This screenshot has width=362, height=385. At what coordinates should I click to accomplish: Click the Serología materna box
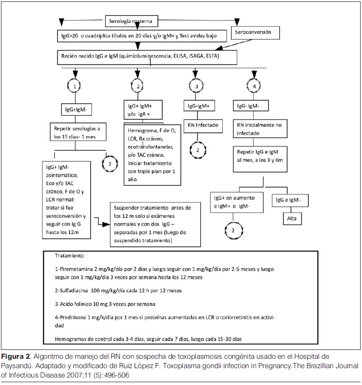click(x=131, y=22)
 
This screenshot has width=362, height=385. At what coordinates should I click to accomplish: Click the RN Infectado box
click(x=202, y=125)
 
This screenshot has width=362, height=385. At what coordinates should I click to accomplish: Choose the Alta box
click(x=295, y=218)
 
